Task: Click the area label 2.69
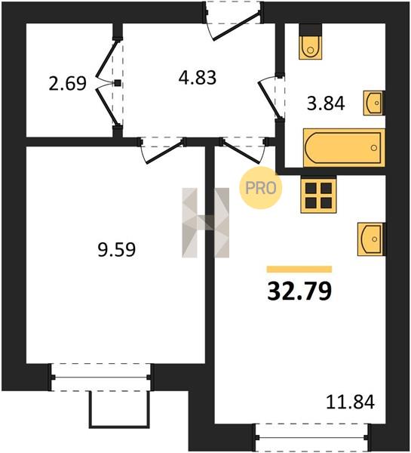[x=68, y=84]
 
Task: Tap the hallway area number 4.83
[x=198, y=78]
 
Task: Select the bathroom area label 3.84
[x=326, y=103]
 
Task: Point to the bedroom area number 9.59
[x=117, y=250]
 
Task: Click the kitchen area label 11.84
[x=350, y=402]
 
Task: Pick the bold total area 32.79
[x=299, y=291]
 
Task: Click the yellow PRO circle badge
[x=261, y=188]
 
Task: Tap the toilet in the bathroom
[x=311, y=42]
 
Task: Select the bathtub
[x=344, y=148]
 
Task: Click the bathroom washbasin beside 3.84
[x=374, y=103]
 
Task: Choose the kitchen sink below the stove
[x=372, y=239]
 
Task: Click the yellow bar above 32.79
[x=299, y=270]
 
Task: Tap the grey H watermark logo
[x=205, y=223]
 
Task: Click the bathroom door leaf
[x=269, y=100]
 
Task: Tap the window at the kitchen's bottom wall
[x=311, y=437]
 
